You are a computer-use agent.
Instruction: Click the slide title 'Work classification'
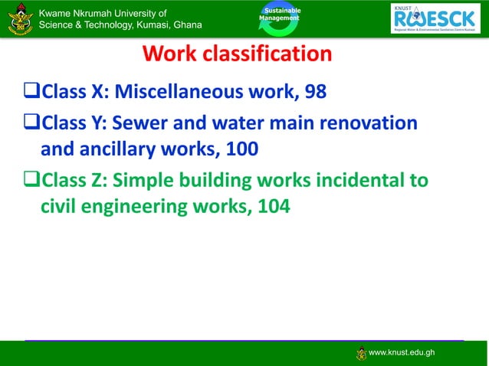(x=237, y=55)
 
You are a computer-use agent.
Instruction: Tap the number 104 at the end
(x=273, y=206)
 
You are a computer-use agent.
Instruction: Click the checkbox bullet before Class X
(x=32, y=93)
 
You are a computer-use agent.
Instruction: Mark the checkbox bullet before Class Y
(x=32, y=123)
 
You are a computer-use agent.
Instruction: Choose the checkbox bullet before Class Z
(x=32, y=181)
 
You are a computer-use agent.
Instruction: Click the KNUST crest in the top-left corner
(x=20, y=18)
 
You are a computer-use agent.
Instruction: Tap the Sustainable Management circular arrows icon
(x=279, y=19)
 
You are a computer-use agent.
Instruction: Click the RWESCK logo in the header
(x=435, y=18)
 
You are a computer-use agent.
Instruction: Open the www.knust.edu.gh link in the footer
(x=402, y=352)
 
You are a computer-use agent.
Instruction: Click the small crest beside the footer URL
(x=361, y=352)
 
